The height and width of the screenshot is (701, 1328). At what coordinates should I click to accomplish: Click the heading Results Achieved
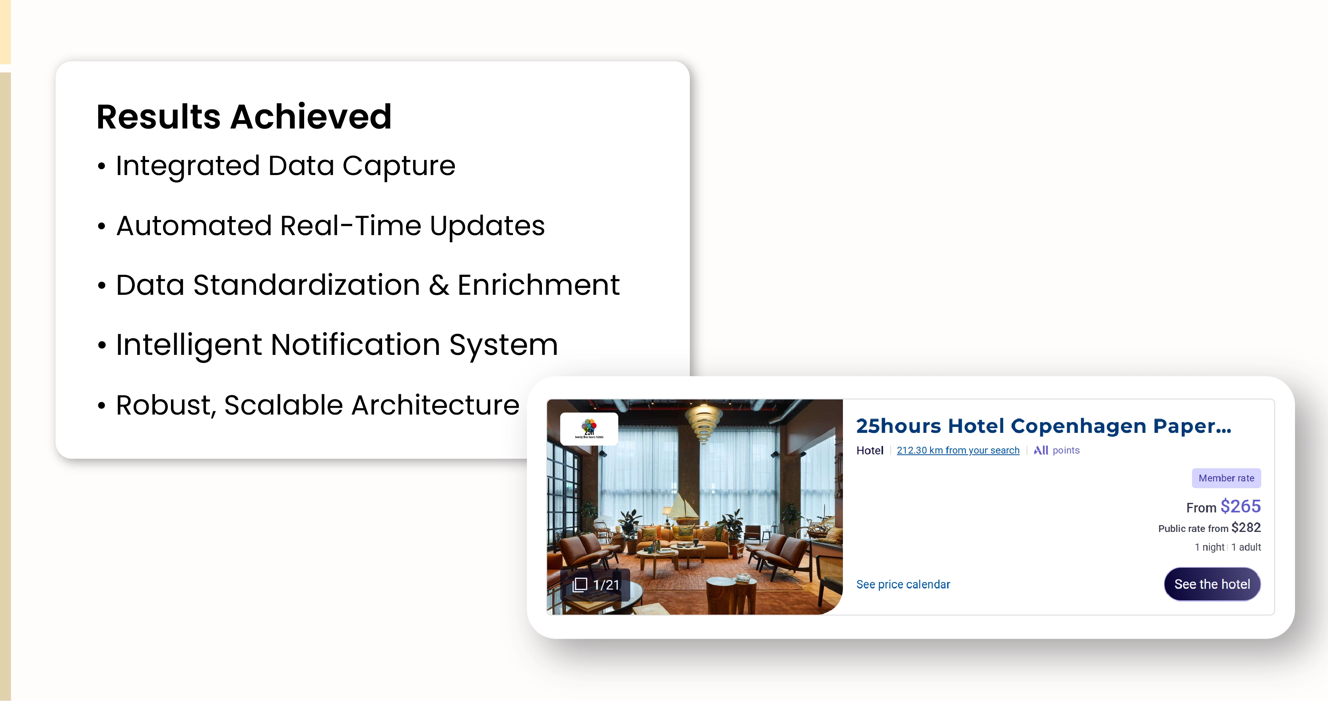tap(244, 117)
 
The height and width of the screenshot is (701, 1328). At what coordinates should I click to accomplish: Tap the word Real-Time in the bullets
tap(351, 226)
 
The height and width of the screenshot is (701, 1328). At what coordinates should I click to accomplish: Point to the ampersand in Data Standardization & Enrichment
tap(439, 285)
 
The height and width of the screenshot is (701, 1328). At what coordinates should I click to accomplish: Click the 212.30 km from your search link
tap(958, 450)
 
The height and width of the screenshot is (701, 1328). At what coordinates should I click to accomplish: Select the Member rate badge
tap(1226, 478)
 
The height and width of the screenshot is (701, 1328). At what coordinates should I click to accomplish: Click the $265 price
tap(1241, 506)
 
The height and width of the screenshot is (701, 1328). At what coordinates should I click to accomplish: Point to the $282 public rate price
tap(1246, 528)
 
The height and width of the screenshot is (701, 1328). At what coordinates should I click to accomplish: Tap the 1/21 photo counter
tap(596, 584)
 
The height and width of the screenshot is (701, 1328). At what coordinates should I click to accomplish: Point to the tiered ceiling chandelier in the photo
tap(704, 423)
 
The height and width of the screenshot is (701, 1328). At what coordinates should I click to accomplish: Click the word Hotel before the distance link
tap(870, 451)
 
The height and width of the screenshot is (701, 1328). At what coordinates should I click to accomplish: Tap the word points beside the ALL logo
tap(1066, 450)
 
